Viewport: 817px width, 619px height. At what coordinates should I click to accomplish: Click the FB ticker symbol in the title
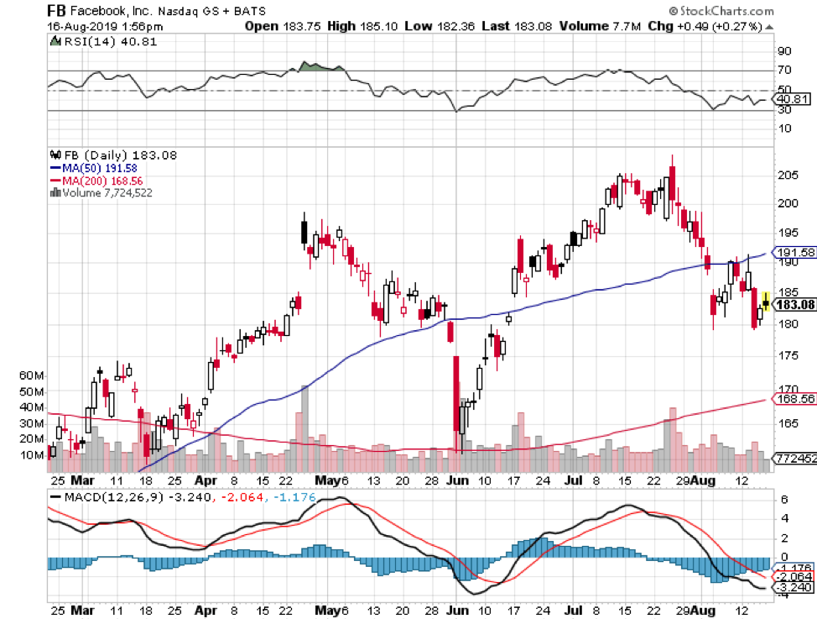[x=56, y=11]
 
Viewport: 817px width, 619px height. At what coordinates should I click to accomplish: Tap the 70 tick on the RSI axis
[x=785, y=71]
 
